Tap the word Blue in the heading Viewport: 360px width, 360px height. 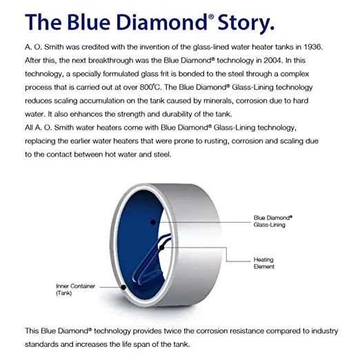point(88,22)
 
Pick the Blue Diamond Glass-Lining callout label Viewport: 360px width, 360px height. point(273,221)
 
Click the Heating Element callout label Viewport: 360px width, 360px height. point(264,263)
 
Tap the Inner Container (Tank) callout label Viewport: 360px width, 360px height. point(76,290)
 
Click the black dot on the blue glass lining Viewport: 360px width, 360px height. point(153,222)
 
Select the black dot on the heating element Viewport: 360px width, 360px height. point(162,248)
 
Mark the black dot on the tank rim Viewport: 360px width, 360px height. point(123,287)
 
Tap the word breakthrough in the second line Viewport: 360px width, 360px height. point(111,61)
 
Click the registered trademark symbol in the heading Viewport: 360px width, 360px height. point(211,17)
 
